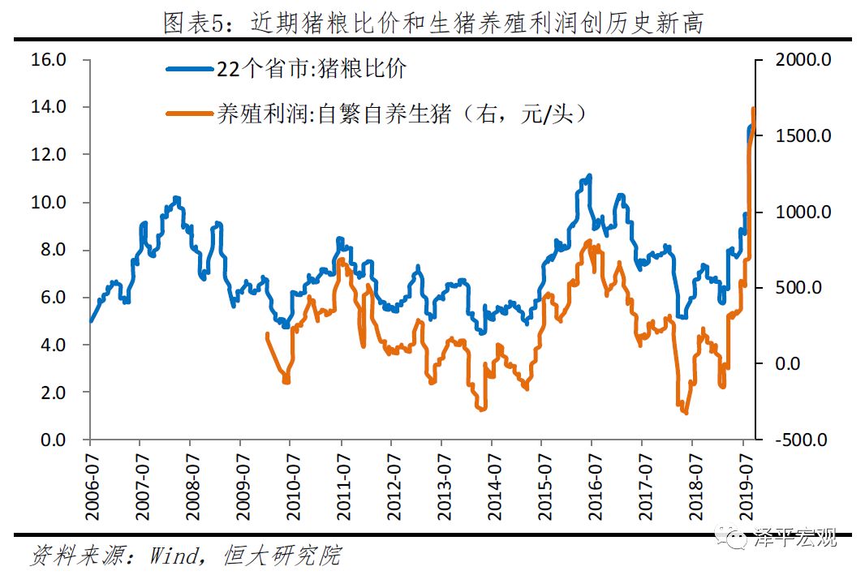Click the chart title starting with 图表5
tap(432, 24)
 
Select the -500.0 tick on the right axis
tap(801, 440)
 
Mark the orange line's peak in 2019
tap(754, 109)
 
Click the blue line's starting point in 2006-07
tap(89, 321)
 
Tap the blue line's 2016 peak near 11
tap(589, 175)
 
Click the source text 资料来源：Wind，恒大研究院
tap(185, 556)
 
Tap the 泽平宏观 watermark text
tap(794, 537)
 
